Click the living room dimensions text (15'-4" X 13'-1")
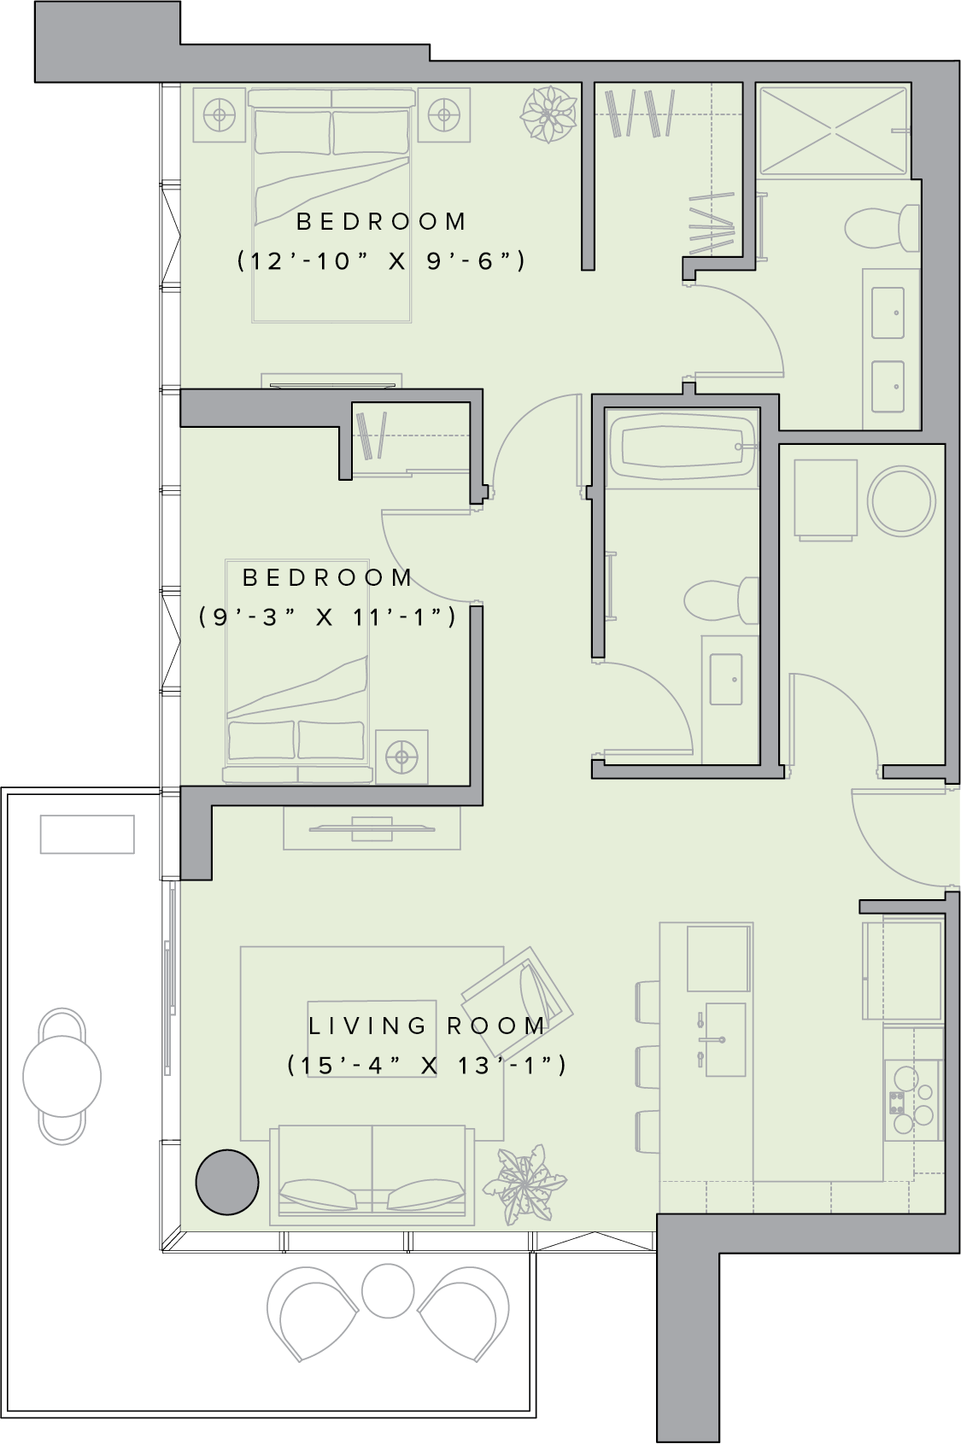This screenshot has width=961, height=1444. (x=426, y=1066)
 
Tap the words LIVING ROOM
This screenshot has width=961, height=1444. (x=427, y=1026)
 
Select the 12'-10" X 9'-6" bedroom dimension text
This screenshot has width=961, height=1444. (x=381, y=261)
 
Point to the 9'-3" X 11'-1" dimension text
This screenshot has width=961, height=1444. (x=328, y=617)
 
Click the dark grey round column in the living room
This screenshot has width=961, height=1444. (x=227, y=1183)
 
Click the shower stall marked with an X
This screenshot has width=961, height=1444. (x=834, y=131)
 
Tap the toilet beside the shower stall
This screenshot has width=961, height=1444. (x=882, y=227)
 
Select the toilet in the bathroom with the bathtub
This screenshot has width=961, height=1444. (x=721, y=601)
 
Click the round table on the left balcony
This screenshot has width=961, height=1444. (x=62, y=1077)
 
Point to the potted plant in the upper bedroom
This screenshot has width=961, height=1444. (x=549, y=114)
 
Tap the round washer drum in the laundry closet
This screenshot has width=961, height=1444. (x=901, y=501)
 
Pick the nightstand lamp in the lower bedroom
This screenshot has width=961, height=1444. (x=401, y=757)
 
